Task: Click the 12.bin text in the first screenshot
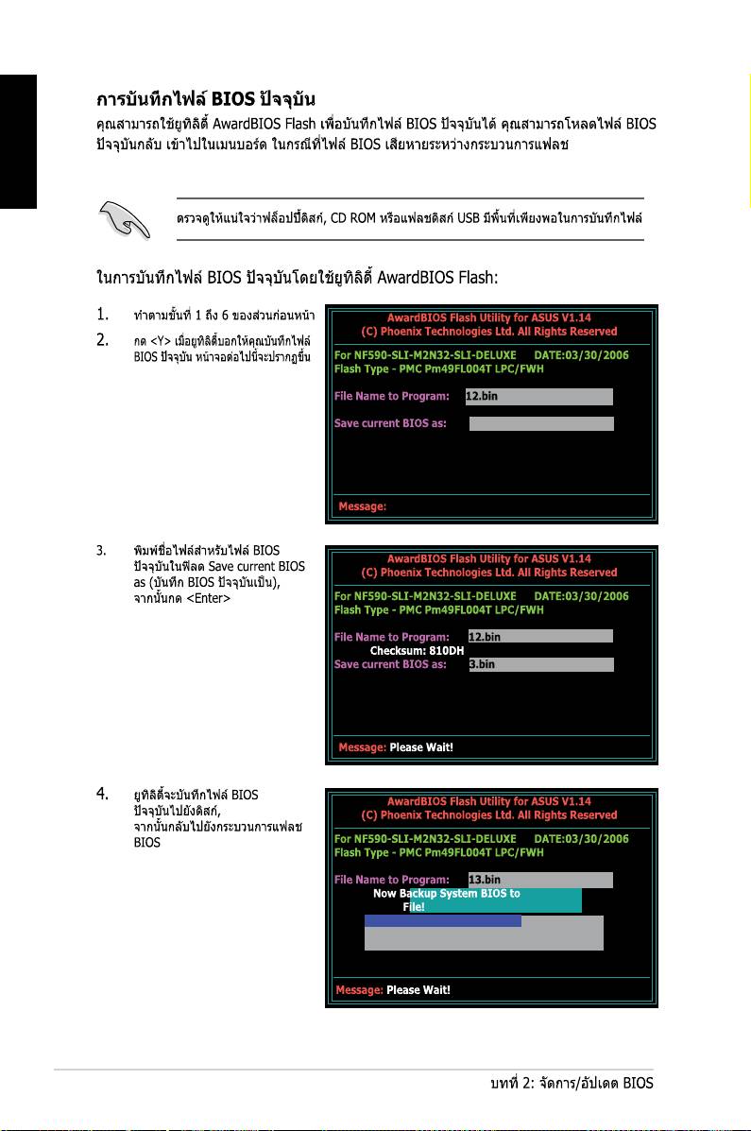click(x=482, y=396)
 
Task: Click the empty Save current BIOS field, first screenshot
click(x=541, y=423)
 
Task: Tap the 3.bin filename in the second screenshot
click(x=482, y=664)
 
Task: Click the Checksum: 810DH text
click(x=417, y=650)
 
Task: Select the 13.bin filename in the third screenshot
click(x=485, y=881)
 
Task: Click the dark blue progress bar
click(x=443, y=920)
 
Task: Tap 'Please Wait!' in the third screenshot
click(x=418, y=990)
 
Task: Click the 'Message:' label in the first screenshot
click(x=363, y=506)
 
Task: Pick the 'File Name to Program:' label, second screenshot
click(x=391, y=637)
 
